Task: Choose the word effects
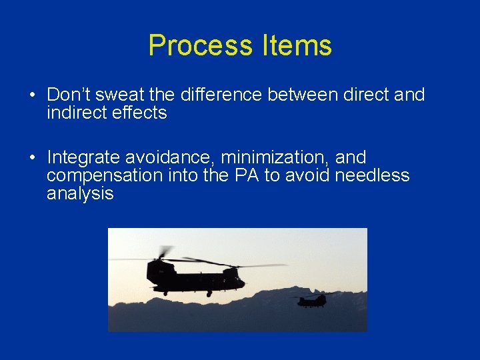tap(139, 113)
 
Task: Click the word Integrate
tap(81, 158)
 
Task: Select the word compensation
tap(105, 176)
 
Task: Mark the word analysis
tap(80, 194)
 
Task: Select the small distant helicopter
tap(312, 300)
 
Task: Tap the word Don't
tap(65, 95)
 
